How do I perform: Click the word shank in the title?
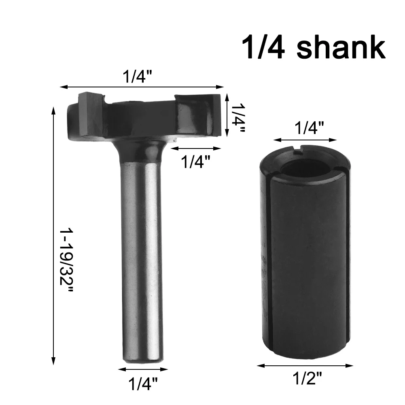341,47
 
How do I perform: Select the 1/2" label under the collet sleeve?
307,379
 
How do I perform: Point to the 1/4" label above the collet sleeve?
309,128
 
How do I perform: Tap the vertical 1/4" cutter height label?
237,118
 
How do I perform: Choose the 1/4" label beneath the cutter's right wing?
195,161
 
